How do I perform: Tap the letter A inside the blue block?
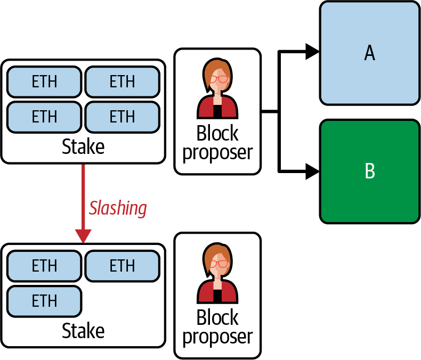(x=369, y=53)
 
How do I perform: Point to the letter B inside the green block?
(x=369, y=171)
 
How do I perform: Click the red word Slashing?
(x=118, y=208)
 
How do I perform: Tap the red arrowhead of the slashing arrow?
(x=83, y=235)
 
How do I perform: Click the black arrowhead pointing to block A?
(x=312, y=52)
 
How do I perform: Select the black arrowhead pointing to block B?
(x=312, y=171)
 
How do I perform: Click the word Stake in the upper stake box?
(x=83, y=146)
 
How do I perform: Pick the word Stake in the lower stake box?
(x=83, y=331)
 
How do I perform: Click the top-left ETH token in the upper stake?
(x=45, y=82)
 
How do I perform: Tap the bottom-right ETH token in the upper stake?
(x=122, y=116)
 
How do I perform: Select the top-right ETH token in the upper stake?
(x=122, y=82)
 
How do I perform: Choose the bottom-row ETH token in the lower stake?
(x=45, y=300)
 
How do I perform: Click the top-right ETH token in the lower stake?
(x=122, y=266)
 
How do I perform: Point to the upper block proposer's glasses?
(x=218, y=79)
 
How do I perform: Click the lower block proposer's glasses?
(x=218, y=264)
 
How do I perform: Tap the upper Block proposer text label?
(x=217, y=142)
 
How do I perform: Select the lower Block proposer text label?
(x=217, y=326)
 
